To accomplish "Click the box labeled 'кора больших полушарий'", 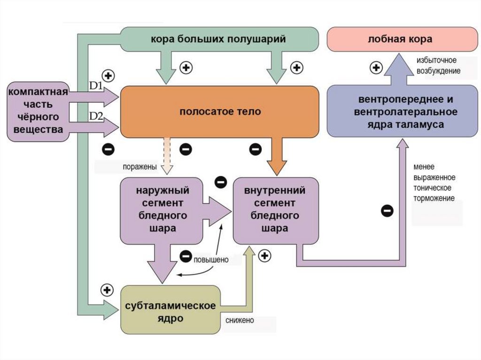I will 218,39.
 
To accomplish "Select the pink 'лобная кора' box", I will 400,39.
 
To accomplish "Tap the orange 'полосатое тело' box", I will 219,112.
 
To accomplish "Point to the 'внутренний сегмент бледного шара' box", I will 275,210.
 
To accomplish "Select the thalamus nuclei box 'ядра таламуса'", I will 399,112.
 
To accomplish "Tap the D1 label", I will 96,86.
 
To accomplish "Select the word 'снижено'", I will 239,321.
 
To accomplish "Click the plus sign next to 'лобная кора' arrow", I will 376,69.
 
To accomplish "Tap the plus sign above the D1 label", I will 109,75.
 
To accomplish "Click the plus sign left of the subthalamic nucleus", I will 108,290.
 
